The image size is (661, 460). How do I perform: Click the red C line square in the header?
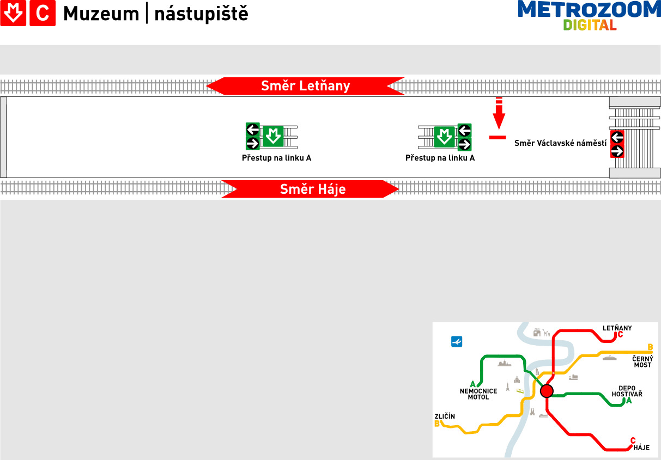pyautogui.click(x=43, y=13)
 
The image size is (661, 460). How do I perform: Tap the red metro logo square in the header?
pyautogui.click(x=13, y=13)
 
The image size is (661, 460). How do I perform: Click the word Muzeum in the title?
pyautogui.click(x=101, y=14)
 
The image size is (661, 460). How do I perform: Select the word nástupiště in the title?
pyautogui.click(x=201, y=13)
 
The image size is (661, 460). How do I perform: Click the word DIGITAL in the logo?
pyautogui.click(x=590, y=25)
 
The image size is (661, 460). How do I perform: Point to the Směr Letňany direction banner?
pyautogui.click(x=305, y=86)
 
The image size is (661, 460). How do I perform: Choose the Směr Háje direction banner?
pyautogui.click(x=310, y=189)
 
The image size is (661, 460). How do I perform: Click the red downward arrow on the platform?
pyautogui.click(x=499, y=113)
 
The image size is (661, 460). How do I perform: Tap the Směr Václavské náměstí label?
pyautogui.click(x=560, y=143)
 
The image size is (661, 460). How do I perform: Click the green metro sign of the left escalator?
pyautogui.click(x=273, y=136)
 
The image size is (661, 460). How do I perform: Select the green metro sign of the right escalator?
pyautogui.click(x=445, y=137)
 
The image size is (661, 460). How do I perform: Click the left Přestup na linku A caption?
pyautogui.click(x=276, y=158)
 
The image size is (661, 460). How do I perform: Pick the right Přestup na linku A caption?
pyautogui.click(x=440, y=158)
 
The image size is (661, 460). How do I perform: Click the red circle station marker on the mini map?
pyautogui.click(x=547, y=391)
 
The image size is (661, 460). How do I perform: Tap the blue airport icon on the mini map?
pyautogui.click(x=457, y=341)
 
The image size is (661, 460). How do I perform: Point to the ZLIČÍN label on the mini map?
pyautogui.click(x=445, y=416)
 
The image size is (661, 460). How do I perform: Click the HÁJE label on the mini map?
pyautogui.click(x=641, y=447)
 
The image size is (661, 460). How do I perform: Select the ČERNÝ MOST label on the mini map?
pyautogui.click(x=642, y=362)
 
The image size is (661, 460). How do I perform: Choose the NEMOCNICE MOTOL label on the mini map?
pyautogui.click(x=478, y=394)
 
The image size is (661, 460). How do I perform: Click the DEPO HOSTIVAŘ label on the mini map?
pyautogui.click(x=627, y=391)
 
